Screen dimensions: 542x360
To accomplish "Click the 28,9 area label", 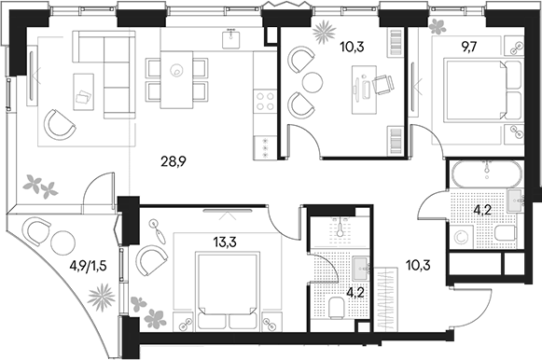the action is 174,161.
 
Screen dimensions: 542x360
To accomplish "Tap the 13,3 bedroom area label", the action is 225,242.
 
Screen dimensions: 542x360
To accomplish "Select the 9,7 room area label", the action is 467,47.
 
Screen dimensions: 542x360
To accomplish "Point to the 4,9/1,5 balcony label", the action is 88,266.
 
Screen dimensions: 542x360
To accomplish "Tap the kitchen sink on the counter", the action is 231,39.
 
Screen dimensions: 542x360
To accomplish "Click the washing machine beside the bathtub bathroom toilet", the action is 461,237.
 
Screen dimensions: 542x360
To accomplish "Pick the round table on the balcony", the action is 63,242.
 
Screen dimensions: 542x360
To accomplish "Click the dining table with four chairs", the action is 176,80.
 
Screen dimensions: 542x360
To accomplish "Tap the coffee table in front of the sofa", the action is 84,92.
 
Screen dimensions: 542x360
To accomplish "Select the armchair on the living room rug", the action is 60,125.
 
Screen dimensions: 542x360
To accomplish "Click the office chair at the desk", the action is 383,84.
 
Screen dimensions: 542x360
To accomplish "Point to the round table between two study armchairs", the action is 313,82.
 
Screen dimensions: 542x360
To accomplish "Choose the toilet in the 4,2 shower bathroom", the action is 336,307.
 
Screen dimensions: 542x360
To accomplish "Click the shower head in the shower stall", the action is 340,228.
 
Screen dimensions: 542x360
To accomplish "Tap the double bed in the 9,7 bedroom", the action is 483,90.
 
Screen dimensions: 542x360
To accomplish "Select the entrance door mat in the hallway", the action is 386,298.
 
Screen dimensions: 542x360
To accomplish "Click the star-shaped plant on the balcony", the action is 101,297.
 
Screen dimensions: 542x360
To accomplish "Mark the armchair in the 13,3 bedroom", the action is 152,261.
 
